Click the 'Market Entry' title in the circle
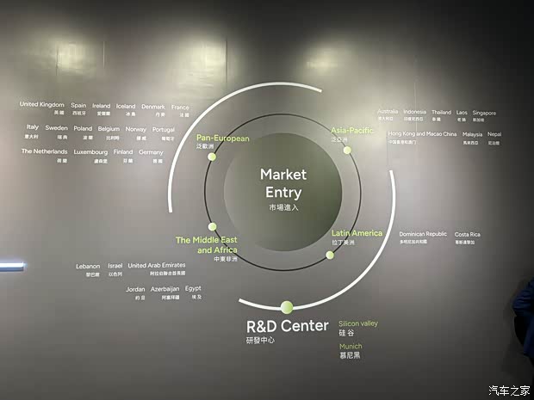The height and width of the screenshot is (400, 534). click(283, 182)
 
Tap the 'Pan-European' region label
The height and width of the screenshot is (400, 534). click(222, 138)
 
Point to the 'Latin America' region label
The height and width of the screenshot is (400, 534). click(357, 233)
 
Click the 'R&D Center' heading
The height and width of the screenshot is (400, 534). click(287, 326)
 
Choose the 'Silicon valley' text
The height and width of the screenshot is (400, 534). click(357, 323)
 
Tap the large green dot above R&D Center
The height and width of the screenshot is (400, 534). click(287, 306)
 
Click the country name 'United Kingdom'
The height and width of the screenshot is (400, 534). click(41, 105)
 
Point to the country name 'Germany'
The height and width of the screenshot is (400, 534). click(151, 151)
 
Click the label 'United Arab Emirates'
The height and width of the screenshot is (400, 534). click(156, 266)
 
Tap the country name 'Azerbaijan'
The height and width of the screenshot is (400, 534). click(165, 289)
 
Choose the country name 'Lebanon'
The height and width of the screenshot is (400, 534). click(89, 266)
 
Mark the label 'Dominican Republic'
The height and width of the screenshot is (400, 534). click(423, 234)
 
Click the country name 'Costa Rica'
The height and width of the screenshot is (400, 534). click(468, 234)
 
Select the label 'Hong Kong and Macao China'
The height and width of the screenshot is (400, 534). click(422, 134)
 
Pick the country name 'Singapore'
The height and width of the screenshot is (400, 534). click(484, 112)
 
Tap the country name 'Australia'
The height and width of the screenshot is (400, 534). click(388, 112)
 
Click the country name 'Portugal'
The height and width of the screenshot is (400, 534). click(163, 129)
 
